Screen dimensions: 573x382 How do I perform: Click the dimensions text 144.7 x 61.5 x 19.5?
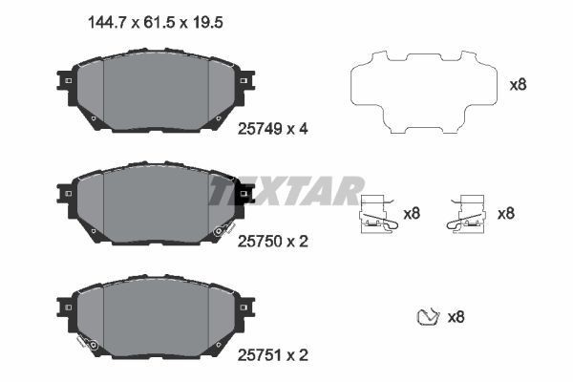tap(156, 23)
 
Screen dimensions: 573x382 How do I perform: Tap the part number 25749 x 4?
tap(272, 129)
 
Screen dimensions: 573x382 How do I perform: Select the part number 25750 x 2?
tap(272, 242)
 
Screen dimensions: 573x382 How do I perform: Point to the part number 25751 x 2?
tap(272, 355)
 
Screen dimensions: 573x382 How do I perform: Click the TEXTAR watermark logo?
tap(286, 190)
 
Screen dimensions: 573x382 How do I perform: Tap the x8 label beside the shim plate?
tap(518, 85)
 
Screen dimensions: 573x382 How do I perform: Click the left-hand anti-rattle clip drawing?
tap(378, 214)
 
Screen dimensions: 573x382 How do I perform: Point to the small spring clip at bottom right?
tap(427, 317)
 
